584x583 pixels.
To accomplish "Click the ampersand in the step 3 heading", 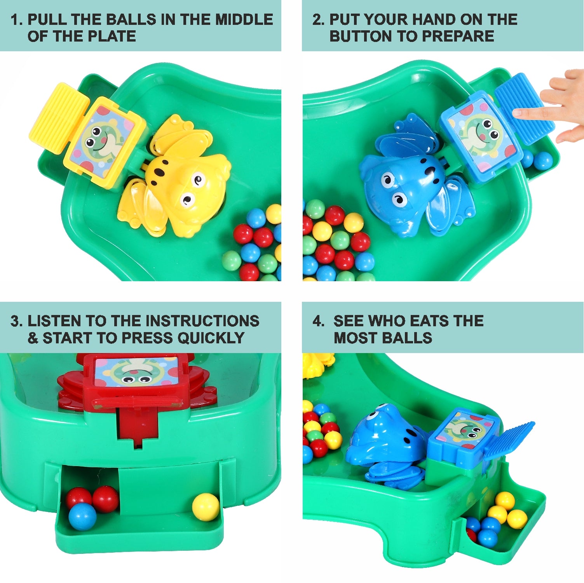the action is point(33,338).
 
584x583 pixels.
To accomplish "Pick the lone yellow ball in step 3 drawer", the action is point(206,506).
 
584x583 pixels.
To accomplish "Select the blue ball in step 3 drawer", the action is point(82,516).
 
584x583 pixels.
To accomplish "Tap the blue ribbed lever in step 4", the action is point(509,441).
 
